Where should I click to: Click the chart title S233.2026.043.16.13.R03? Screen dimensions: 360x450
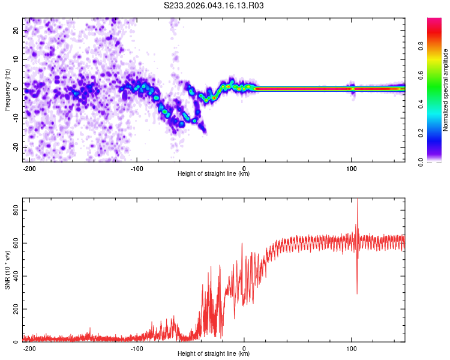click(214, 5)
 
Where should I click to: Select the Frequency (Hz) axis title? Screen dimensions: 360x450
click(7, 90)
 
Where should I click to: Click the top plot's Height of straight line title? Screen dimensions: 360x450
click(214, 174)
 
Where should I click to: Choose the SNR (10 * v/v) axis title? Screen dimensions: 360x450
click(7, 270)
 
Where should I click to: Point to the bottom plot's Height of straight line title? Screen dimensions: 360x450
click(214, 354)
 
